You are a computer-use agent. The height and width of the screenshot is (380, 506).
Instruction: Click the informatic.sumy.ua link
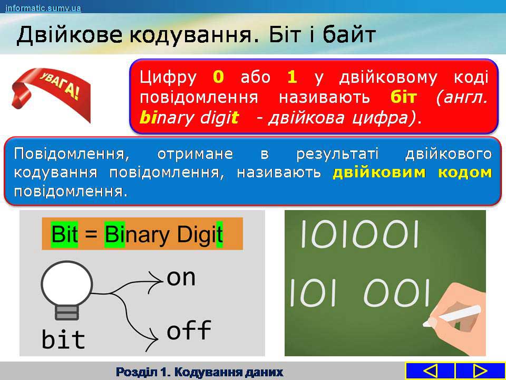(43, 8)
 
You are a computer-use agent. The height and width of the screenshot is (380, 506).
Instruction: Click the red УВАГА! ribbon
(51, 94)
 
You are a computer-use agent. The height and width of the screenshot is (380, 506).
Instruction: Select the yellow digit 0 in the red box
(218, 78)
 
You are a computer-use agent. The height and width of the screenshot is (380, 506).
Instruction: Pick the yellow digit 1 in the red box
(291, 78)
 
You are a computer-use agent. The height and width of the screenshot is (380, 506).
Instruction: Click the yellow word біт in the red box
(403, 97)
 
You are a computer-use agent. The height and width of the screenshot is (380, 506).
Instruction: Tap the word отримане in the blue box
(195, 154)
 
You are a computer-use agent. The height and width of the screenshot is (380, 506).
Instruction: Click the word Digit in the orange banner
(200, 234)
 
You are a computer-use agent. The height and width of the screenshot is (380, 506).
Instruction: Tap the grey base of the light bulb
(67, 312)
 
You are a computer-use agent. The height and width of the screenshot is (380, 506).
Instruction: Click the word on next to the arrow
(181, 278)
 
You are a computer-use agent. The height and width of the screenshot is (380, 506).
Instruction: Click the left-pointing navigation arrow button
(430, 371)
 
